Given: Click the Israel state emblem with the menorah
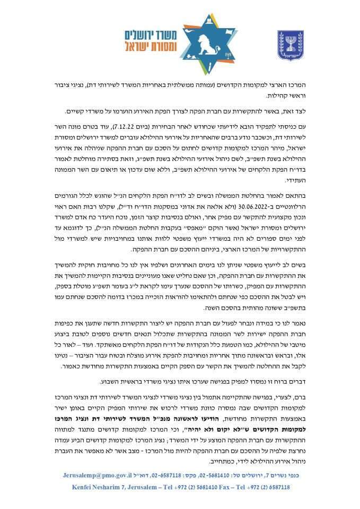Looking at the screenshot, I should coord(291,43).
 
